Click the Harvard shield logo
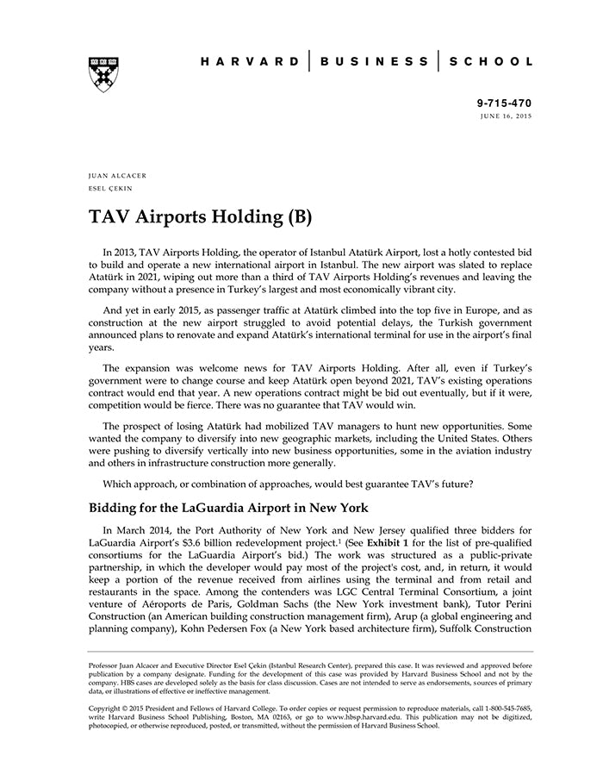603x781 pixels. (x=103, y=74)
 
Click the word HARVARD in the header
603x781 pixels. (x=249, y=62)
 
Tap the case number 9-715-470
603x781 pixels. (x=504, y=103)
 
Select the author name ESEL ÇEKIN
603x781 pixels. (x=109, y=188)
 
